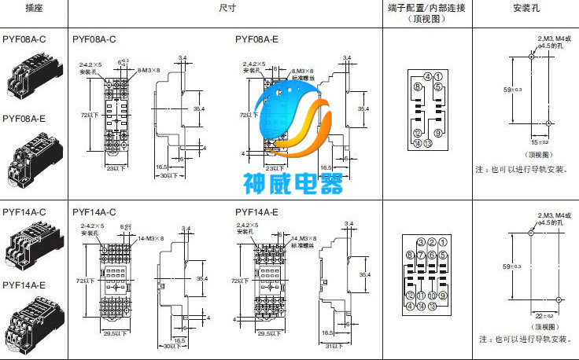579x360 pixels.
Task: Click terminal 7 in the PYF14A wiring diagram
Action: point(422,255)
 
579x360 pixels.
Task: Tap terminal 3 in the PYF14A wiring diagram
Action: point(422,242)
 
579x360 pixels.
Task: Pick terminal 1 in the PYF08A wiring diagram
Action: point(437,76)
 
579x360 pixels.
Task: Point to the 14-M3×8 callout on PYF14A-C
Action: point(151,238)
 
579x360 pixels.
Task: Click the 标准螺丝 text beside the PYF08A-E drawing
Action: point(302,77)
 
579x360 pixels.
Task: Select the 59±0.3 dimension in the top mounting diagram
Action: point(513,90)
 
